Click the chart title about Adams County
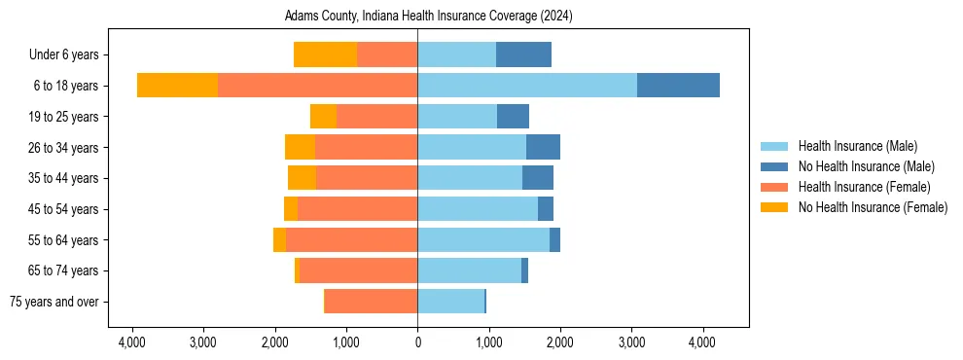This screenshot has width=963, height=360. [428, 17]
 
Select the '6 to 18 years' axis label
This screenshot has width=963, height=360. [66, 86]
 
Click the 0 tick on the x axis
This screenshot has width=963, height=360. [417, 342]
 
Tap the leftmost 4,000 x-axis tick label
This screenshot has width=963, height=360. [132, 342]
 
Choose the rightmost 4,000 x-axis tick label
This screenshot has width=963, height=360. [703, 342]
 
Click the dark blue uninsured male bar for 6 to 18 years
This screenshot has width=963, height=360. [678, 86]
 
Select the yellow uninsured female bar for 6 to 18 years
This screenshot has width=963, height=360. [177, 86]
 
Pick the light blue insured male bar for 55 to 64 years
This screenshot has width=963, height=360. [483, 240]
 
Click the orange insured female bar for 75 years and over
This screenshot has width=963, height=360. [372, 302]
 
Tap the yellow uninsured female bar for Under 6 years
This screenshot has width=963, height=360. [325, 55]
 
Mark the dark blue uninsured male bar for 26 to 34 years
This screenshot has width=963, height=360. [543, 148]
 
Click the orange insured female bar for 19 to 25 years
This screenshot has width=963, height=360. [377, 117]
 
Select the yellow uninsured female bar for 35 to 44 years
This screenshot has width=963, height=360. [302, 178]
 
